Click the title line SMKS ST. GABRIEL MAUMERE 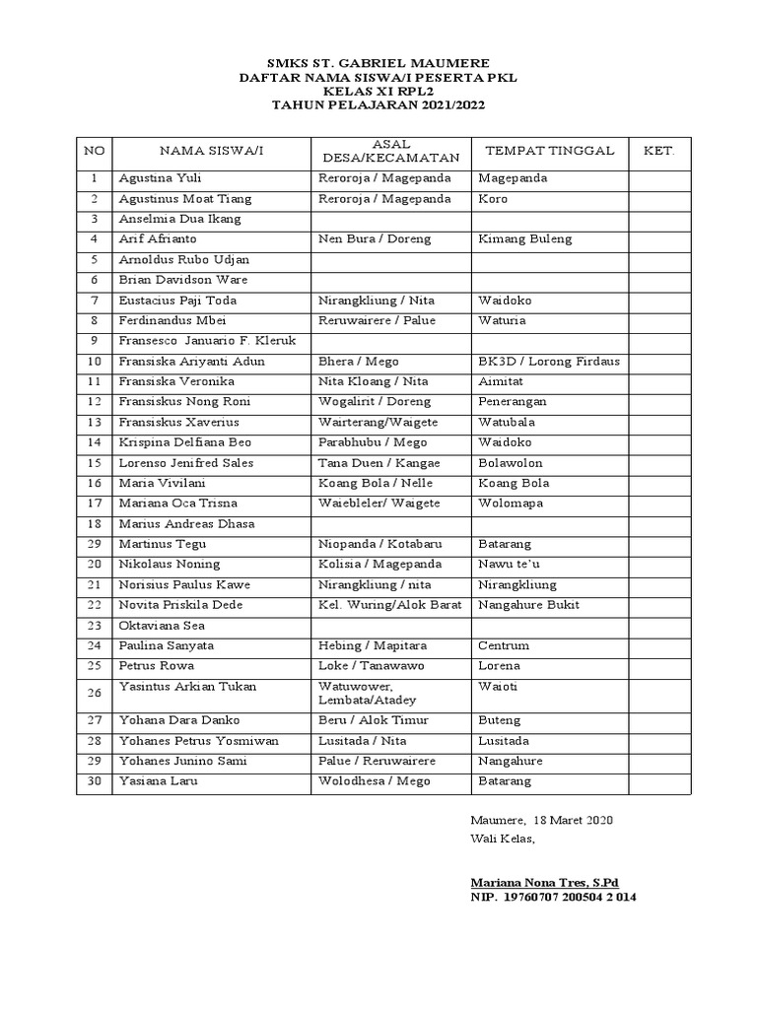(378, 62)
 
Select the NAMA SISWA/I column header (212, 151)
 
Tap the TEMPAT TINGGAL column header (548, 151)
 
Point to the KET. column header (658, 151)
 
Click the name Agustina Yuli (159, 178)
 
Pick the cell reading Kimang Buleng (524, 239)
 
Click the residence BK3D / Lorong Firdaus (548, 362)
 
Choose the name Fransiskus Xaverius (176, 422)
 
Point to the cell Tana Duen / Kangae (378, 463)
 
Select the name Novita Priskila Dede (180, 605)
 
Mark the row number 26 (94, 693)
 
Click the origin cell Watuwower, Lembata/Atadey (368, 693)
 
